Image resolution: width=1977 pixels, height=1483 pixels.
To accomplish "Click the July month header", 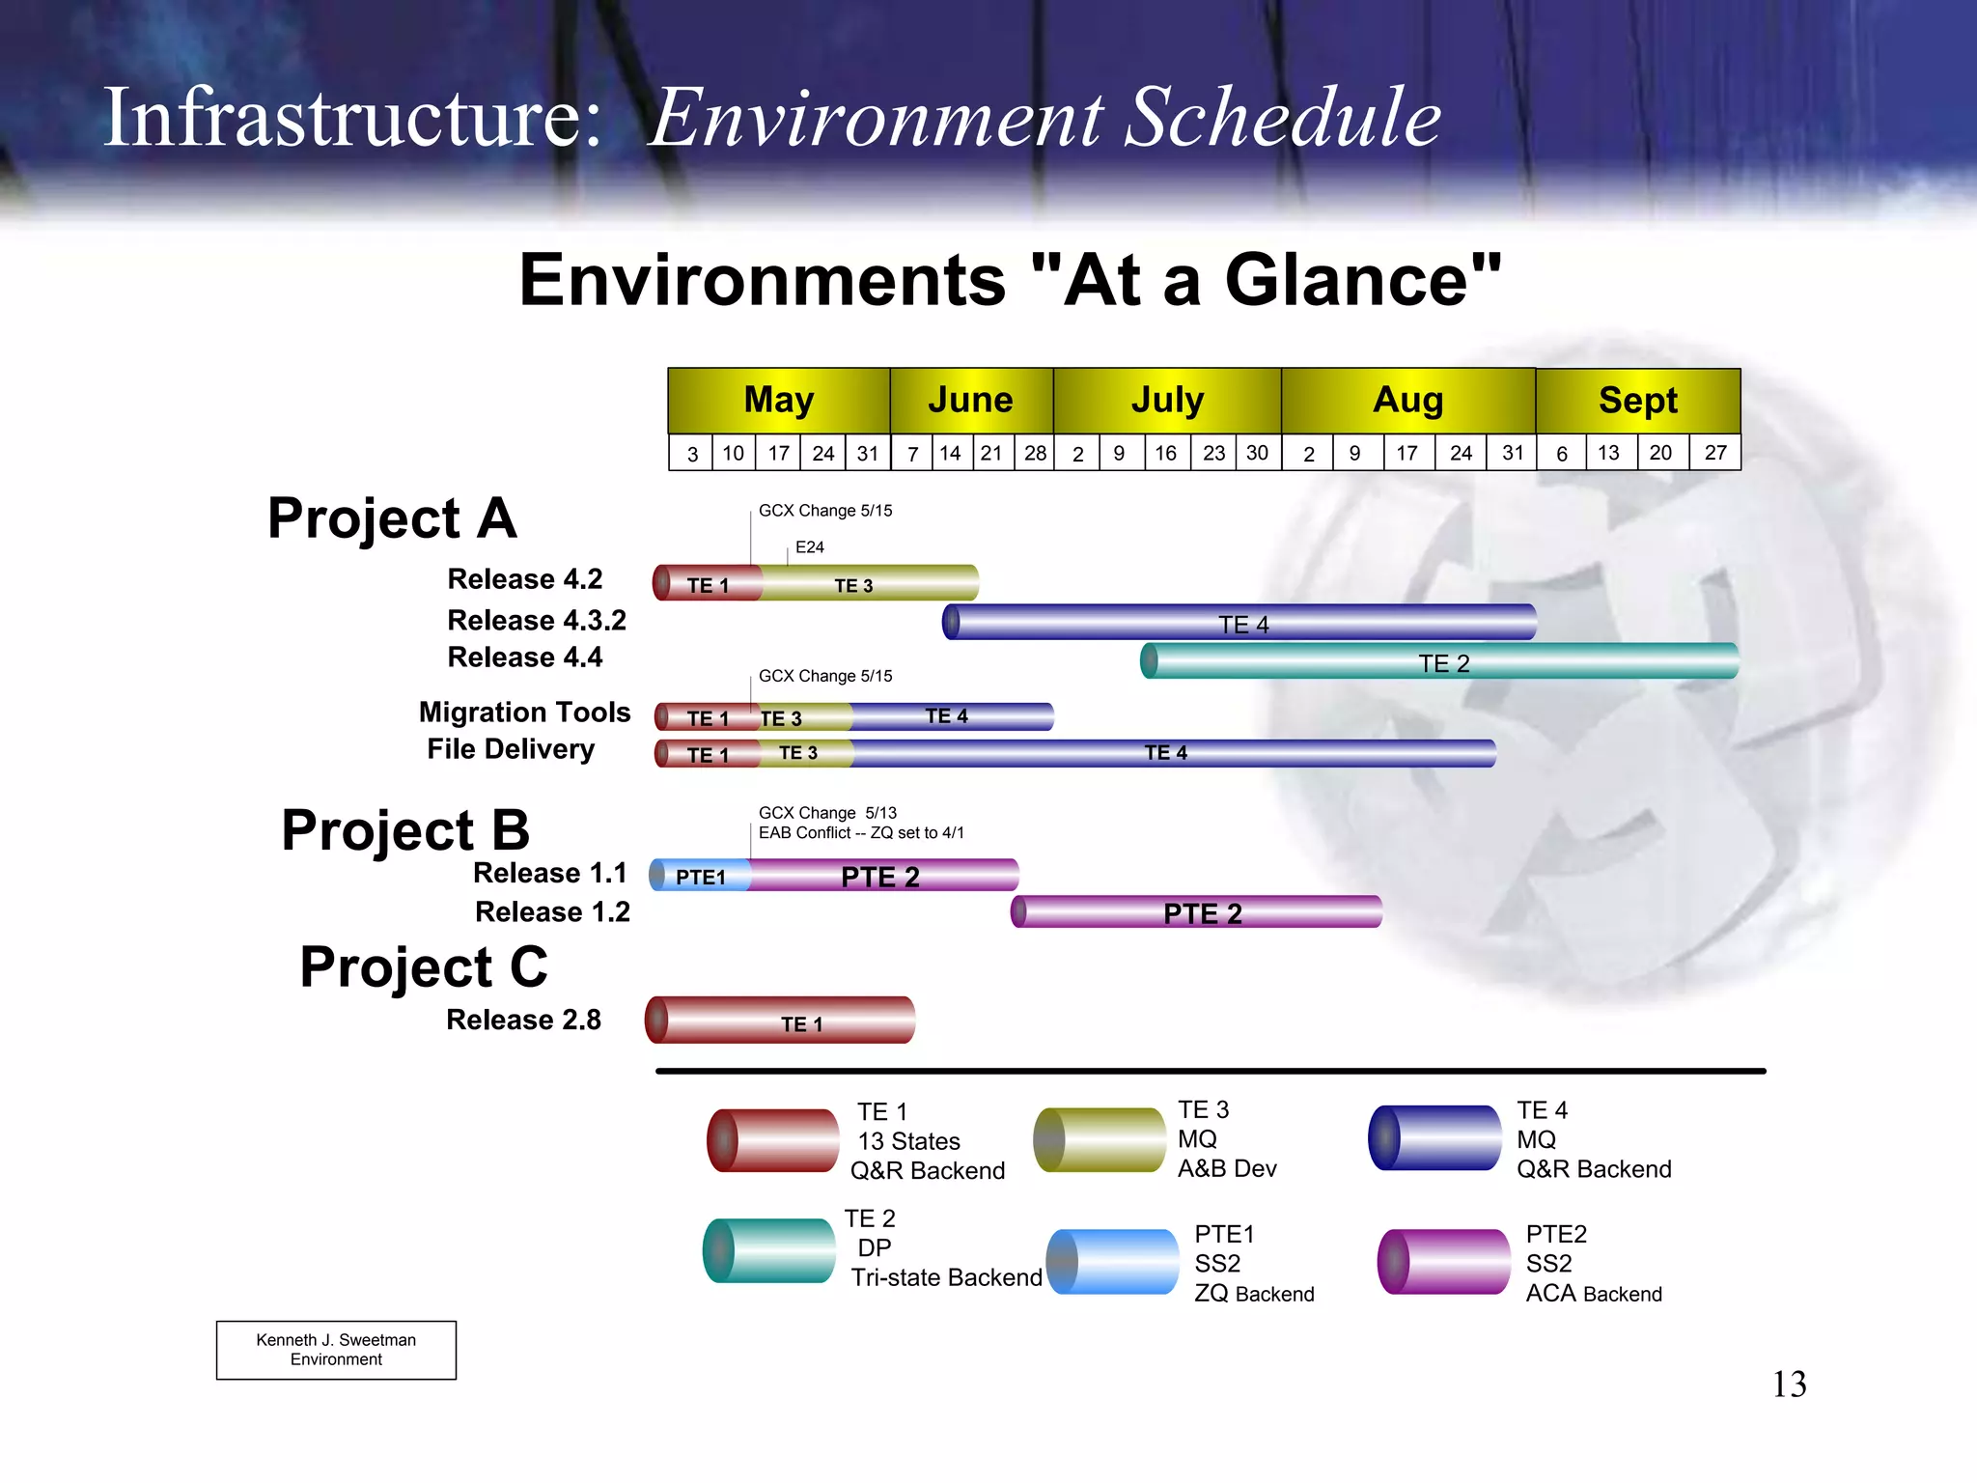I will [x=1167, y=400].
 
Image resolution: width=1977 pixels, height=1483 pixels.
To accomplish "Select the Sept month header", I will [x=1637, y=400].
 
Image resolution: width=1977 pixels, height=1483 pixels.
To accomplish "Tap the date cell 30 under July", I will [x=1257, y=453].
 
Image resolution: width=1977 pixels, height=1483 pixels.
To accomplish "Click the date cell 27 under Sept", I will [x=1714, y=453].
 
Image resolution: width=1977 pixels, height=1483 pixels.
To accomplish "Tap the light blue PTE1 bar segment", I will [x=701, y=876].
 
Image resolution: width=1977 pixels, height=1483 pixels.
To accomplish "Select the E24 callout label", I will [x=809, y=547].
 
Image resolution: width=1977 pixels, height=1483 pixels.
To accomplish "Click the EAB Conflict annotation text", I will [x=861, y=833].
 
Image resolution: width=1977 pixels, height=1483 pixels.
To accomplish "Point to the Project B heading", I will [x=405, y=830].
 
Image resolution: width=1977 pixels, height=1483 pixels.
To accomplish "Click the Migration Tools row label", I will [x=524, y=713].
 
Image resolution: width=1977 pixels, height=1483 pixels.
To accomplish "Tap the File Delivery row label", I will [x=511, y=749].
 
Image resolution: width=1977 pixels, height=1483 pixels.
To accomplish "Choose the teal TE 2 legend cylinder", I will [x=769, y=1250].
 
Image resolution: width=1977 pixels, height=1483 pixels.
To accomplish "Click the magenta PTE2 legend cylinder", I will [x=1443, y=1261].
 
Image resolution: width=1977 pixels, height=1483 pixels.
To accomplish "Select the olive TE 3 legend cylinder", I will [x=1100, y=1140].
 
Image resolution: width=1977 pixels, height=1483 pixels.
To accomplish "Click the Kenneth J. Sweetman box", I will [x=336, y=1350].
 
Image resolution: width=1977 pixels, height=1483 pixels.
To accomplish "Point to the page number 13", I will [x=1789, y=1385].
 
